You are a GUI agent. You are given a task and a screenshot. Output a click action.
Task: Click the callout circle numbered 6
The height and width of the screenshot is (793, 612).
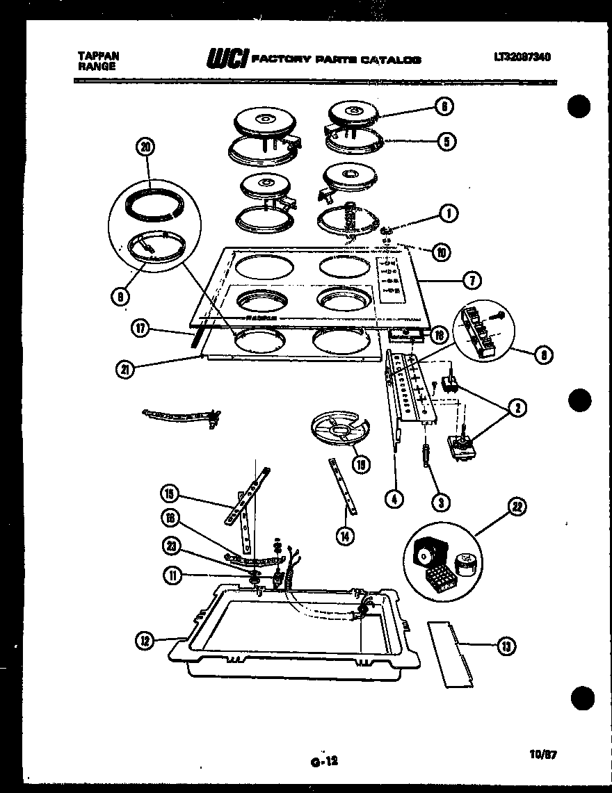444,106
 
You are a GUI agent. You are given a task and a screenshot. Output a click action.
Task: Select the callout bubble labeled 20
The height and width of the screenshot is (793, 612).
145,147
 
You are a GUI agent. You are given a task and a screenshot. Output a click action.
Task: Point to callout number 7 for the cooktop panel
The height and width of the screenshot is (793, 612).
471,281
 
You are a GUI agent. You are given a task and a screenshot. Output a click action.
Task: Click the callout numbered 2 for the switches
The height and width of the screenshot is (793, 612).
517,409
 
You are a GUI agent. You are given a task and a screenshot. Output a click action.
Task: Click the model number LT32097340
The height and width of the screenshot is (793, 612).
522,58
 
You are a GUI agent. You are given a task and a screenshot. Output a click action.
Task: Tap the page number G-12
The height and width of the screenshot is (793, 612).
324,761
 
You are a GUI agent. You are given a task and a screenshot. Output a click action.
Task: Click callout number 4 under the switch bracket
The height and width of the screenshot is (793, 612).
394,498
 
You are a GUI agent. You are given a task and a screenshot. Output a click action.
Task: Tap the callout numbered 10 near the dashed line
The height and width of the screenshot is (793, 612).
440,252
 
